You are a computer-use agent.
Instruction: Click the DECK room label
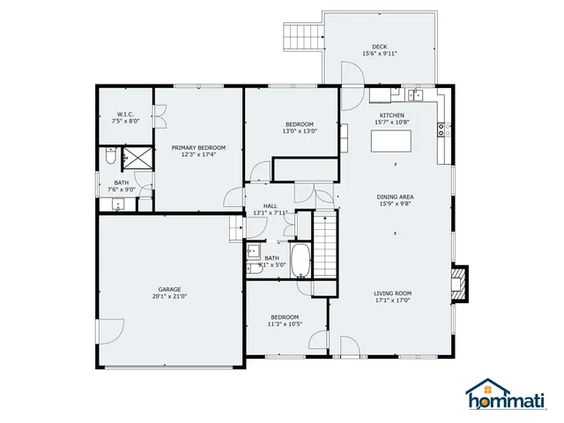point(380,47)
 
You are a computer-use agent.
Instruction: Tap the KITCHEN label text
point(391,115)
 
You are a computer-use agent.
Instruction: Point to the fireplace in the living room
point(459,284)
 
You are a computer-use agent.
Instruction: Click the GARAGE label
point(169,289)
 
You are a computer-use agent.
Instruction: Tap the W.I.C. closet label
point(124,114)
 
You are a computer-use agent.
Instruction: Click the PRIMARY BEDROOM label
point(198,147)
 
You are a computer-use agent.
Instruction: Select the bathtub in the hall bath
point(300,261)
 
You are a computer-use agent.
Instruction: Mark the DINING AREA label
point(396,197)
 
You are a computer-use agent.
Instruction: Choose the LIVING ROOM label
point(393,293)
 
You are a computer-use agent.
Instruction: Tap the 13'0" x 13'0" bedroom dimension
point(299,131)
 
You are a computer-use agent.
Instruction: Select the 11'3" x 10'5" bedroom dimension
point(285,324)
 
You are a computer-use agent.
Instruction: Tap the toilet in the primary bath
point(108,157)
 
